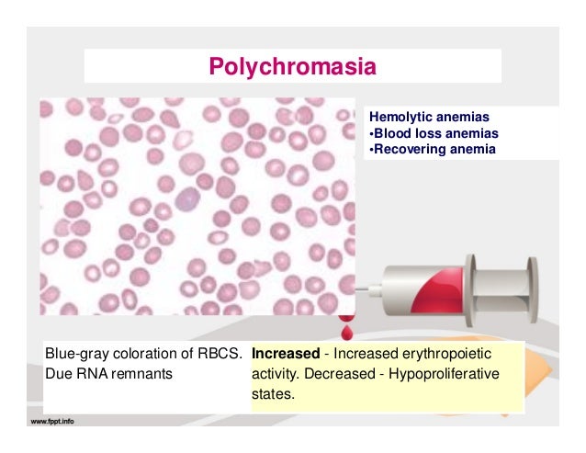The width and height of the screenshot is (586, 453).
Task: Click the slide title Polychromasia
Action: coord(293,66)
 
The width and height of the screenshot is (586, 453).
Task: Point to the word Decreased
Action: coord(367,374)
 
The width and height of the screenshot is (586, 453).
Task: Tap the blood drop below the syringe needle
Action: coord(346,328)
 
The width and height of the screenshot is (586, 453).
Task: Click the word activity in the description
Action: coord(275,374)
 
